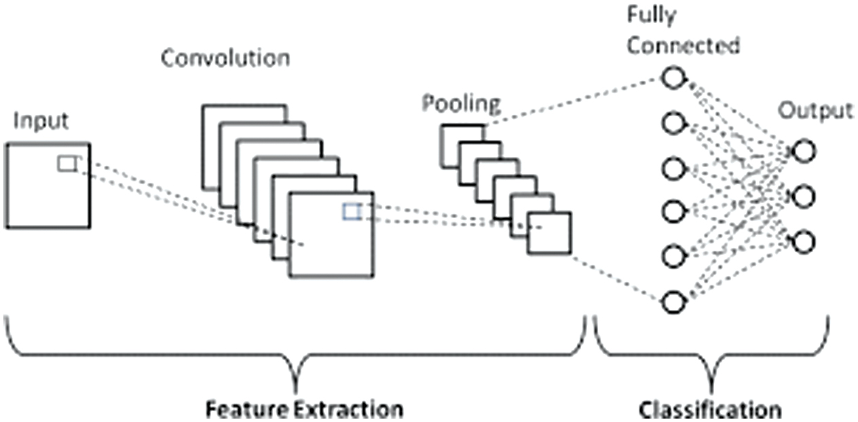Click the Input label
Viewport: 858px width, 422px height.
click(x=41, y=122)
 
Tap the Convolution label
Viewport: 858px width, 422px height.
click(x=225, y=58)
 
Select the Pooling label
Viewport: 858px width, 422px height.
click(x=461, y=104)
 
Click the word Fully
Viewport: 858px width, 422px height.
click(x=652, y=16)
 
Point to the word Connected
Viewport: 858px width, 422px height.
click(x=684, y=46)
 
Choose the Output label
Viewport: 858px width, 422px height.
click(x=815, y=111)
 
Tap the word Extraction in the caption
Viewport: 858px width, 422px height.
click(x=349, y=410)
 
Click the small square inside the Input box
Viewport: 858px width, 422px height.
click(x=67, y=164)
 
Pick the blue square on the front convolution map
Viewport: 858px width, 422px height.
click(x=352, y=212)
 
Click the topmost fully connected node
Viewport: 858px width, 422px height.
click(x=673, y=77)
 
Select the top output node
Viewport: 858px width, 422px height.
click(x=804, y=151)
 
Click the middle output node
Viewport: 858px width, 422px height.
click(x=804, y=196)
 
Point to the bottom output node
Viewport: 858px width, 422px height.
click(x=804, y=242)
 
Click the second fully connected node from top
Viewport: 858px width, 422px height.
click(x=673, y=123)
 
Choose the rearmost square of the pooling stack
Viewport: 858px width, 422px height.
click(x=441, y=146)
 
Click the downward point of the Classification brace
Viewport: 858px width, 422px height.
click(x=711, y=391)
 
